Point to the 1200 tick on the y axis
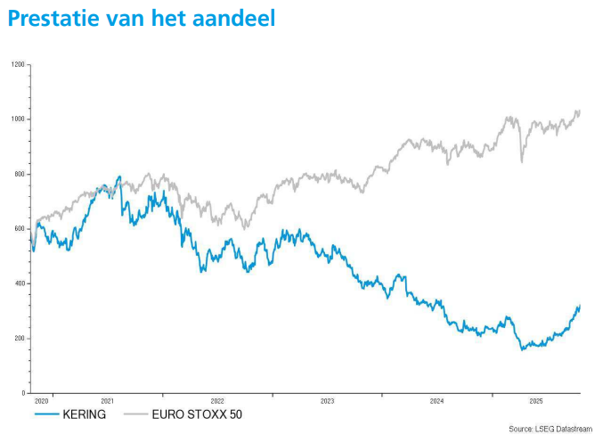[x=18, y=65]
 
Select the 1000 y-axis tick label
[x=18, y=119]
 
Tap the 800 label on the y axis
[x=20, y=174]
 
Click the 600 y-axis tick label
[x=20, y=229]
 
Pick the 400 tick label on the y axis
[x=20, y=283]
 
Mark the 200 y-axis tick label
[x=20, y=339]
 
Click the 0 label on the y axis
[x=23, y=393]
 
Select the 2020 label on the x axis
[x=42, y=402]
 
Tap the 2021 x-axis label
[x=108, y=402]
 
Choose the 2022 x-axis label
[x=217, y=402]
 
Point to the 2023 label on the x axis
[x=327, y=402]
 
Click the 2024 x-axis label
[x=436, y=402]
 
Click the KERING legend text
[x=85, y=414]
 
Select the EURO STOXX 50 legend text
[x=197, y=414]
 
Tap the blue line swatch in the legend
[x=46, y=414]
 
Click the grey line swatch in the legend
[x=134, y=414]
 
